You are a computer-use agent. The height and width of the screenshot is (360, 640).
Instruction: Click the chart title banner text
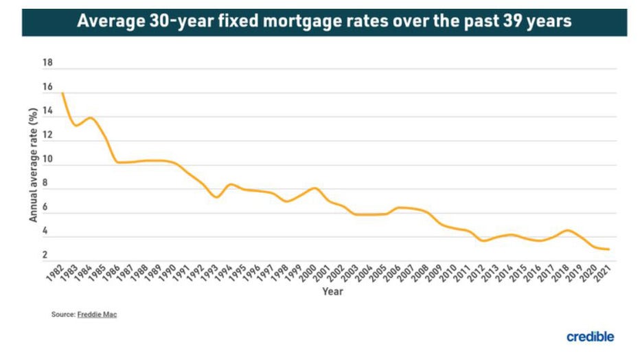coord(324,21)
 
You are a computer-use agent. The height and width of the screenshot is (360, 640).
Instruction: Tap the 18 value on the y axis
coord(47,63)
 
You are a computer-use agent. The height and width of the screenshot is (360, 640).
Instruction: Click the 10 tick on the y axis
coord(47,159)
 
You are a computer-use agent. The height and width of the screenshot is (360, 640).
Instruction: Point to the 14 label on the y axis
coord(47,111)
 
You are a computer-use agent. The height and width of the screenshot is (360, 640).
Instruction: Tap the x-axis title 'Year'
coord(333,291)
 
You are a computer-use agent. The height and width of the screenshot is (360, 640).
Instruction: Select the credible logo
coord(590,337)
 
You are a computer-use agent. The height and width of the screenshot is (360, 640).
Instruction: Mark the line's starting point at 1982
coord(62,93)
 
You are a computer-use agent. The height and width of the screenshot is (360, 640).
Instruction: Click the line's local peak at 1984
coord(90,117)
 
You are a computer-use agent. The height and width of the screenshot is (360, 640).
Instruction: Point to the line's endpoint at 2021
coord(609,249)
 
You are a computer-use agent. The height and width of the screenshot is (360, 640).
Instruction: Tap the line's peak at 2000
coord(315,188)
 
